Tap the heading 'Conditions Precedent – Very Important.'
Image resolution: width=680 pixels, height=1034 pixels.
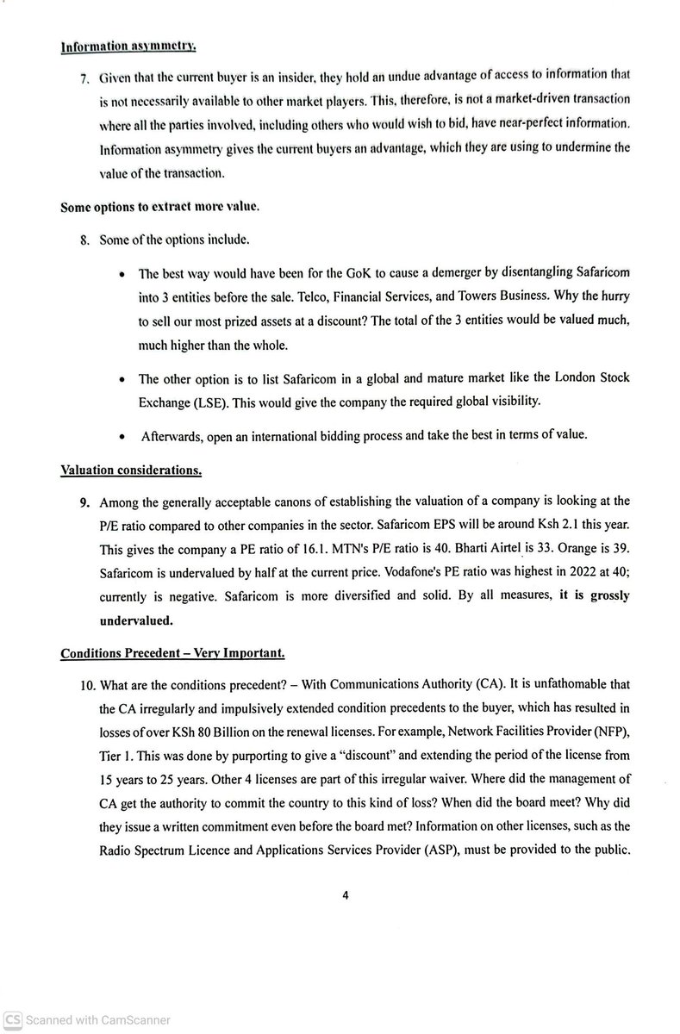[172, 653]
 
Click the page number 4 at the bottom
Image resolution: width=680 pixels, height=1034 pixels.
[345, 894]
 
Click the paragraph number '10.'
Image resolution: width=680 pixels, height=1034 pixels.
[87, 685]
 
